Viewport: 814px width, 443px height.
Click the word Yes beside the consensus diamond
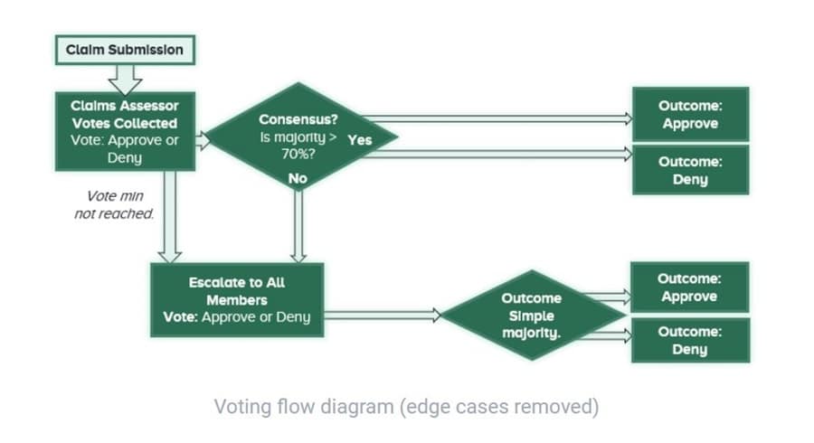coord(359,140)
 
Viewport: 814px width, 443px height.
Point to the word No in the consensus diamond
coord(298,178)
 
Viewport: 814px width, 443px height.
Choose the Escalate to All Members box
coord(237,299)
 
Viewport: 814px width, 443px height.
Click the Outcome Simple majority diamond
coord(532,316)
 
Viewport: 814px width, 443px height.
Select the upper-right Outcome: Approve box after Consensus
coord(690,115)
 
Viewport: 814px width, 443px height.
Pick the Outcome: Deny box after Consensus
coord(690,170)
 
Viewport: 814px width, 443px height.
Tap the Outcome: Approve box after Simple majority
coord(690,287)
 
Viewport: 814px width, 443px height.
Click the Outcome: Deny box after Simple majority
coord(690,340)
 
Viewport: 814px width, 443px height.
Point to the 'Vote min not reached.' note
coord(114,205)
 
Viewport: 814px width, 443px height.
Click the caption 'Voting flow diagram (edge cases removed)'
coord(406,406)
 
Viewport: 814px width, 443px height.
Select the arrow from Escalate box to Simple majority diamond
coord(380,316)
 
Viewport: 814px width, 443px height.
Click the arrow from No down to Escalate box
coord(298,226)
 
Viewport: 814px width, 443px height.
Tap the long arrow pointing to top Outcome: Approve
coord(497,118)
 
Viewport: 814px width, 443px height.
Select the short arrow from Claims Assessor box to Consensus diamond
coord(203,140)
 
